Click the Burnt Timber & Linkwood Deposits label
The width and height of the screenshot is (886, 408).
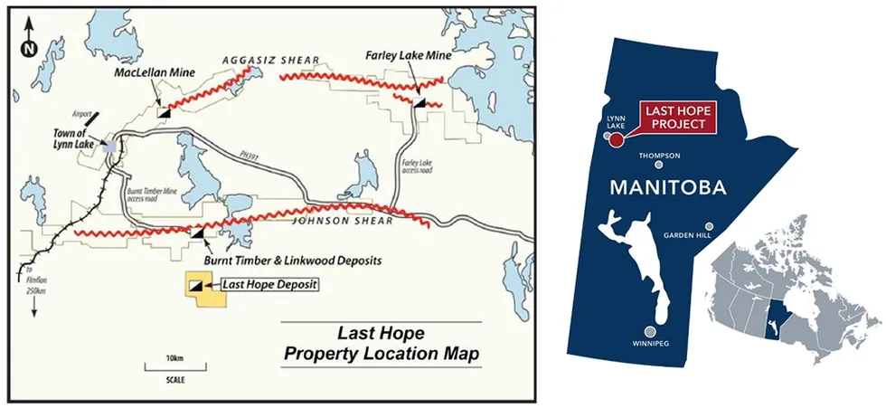(293, 261)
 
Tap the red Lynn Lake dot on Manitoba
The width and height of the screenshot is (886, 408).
(617, 140)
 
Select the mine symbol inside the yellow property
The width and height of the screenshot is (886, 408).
(195, 285)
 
